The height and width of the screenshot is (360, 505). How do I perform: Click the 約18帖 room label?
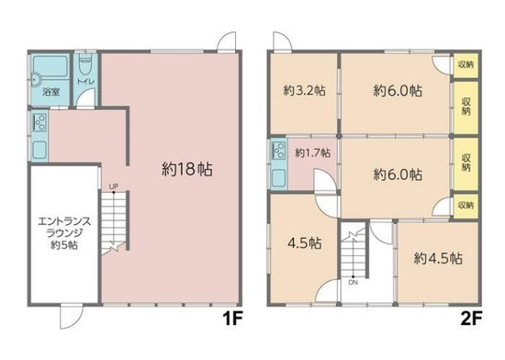click(186, 169)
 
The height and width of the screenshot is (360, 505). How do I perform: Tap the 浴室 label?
click(50, 92)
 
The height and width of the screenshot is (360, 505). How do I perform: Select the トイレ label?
click(85, 82)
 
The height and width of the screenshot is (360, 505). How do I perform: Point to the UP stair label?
click(113, 186)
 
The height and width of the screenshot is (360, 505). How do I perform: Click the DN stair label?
click(353, 283)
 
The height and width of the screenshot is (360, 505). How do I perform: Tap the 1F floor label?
click(232, 319)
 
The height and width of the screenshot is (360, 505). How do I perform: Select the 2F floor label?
click(471, 319)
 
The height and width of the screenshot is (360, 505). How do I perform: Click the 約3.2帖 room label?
click(304, 91)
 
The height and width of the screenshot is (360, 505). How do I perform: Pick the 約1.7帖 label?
click(313, 152)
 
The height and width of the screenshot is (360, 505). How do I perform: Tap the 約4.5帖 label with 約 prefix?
click(438, 258)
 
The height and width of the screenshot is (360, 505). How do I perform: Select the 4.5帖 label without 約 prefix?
click(304, 243)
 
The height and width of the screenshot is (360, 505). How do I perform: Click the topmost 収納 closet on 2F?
click(466, 64)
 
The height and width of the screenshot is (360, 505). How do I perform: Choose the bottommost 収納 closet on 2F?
click(466, 205)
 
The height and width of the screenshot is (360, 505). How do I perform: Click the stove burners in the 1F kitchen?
click(39, 122)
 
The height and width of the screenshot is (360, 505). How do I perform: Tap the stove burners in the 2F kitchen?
click(278, 151)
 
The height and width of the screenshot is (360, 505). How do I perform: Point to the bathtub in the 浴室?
click(50, 66)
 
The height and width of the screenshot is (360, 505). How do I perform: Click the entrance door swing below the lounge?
click(72, 317)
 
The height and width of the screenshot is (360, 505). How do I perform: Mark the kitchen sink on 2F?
click(279, 178)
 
